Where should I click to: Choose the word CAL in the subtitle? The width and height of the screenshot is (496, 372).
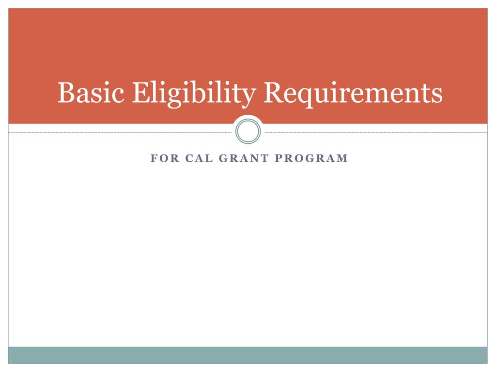point(197,158)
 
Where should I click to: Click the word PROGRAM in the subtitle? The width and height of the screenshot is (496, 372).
point(312,158)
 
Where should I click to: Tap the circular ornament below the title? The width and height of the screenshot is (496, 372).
point(248,131)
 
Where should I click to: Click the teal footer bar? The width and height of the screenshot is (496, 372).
point(248,355)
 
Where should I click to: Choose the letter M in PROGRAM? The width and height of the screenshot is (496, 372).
point(343,158)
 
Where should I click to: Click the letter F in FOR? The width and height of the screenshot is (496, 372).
point(153,158)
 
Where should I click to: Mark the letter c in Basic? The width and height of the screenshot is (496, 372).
point(118,95)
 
